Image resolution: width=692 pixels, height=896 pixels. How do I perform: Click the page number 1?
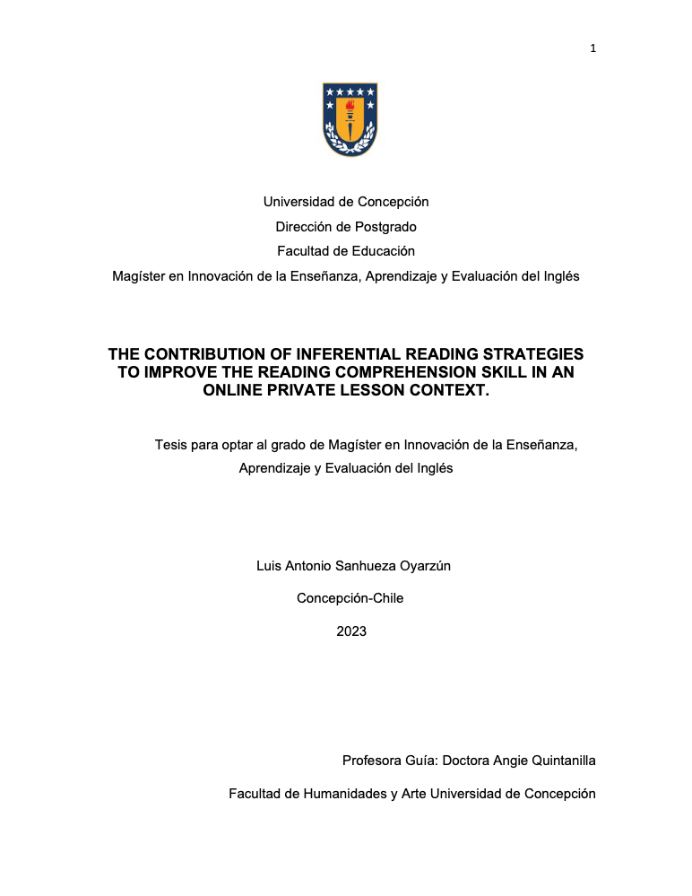(x=593, y=48)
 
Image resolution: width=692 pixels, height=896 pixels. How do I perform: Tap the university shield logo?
(x=350, y=119)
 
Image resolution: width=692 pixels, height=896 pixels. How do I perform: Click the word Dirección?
(x=305, y=227)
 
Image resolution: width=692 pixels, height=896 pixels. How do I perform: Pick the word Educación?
(x=384, y=251)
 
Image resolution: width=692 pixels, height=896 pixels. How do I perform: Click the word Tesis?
(x=172, y=444)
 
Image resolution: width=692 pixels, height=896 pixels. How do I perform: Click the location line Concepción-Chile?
(x=350, y=598)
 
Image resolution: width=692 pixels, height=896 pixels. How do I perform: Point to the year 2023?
(x=351, y=631)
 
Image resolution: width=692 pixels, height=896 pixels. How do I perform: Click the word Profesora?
(x=373, y=761)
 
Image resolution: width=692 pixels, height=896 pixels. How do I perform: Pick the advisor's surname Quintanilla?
(x=560, y=761)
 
